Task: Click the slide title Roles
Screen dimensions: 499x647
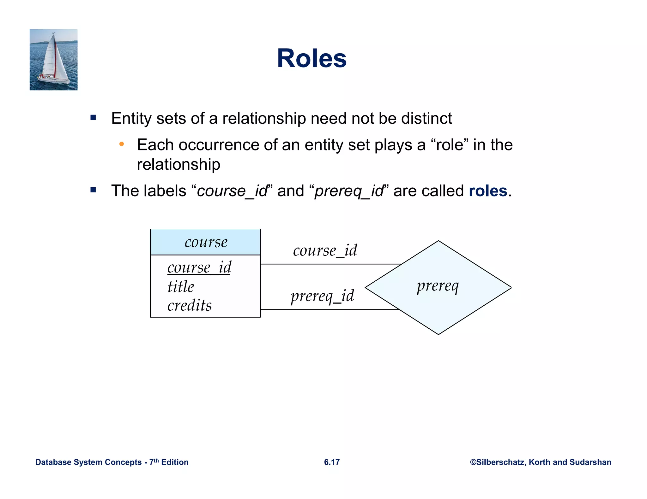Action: coord(311,58)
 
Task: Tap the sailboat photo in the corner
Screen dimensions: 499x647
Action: coord(53,60)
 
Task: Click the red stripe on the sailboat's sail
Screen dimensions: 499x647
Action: coord(56,60)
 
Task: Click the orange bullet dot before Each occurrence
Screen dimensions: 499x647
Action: coord(122,144)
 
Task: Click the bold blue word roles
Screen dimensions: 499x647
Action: coord(488,191)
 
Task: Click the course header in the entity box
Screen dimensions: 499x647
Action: coord(206,242)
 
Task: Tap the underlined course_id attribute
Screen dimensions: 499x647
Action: coord(199,267)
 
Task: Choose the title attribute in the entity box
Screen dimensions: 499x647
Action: coord(181,287)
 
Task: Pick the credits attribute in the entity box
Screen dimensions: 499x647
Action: coord(190,305)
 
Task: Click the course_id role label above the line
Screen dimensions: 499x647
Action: coord(325,250)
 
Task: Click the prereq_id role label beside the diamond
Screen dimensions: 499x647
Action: coord(322,296)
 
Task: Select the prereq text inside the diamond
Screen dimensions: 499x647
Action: coord(438,286)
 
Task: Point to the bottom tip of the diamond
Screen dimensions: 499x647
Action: coord(438,334)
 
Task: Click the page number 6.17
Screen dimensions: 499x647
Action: coord(332,462)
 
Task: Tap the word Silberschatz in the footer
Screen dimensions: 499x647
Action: coord(500,462)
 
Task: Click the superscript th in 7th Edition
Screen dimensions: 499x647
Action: coord(156,460)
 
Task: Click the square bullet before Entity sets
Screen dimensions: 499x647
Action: coord(93,118)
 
